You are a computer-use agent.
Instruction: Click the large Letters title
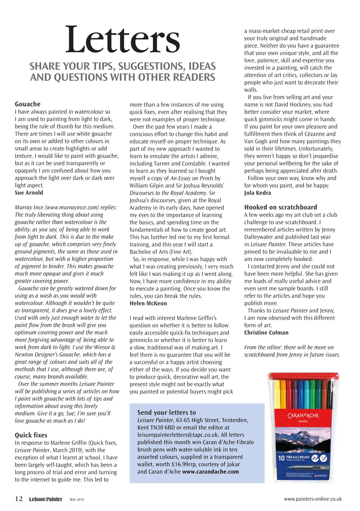(123, 40)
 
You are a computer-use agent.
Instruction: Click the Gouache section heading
(28, 104)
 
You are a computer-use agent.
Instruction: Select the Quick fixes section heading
(31, 435)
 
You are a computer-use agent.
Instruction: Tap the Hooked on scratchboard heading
(281, 207)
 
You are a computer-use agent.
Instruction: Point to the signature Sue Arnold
(29, 193)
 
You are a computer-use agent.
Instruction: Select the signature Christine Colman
(266, 333)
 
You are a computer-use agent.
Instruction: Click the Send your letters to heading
(166, 412)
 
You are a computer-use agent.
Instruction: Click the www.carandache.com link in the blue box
(210, 471)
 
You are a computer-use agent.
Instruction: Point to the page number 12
(19, 499)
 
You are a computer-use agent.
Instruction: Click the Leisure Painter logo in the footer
(45, 499)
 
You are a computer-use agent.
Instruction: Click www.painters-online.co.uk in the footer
(313, 499)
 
